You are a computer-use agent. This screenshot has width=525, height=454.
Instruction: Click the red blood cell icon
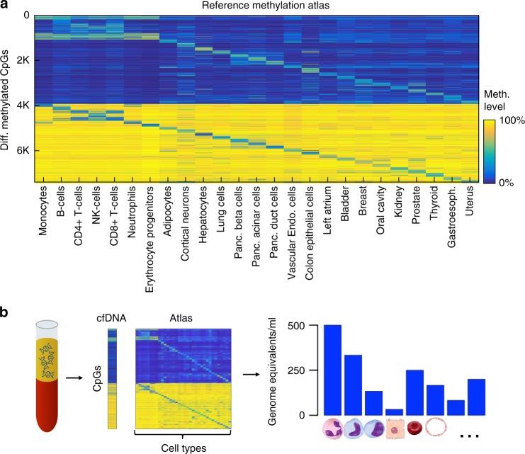[x=417, y=429]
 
